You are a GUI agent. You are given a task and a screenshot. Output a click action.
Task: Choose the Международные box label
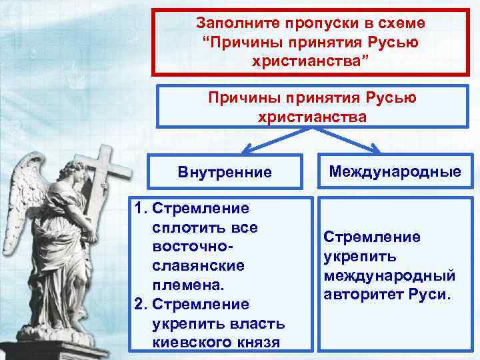pos(395,172)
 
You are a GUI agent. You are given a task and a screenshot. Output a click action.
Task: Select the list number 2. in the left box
pos(141,304)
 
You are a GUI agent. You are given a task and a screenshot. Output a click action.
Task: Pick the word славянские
pos(189,265)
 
